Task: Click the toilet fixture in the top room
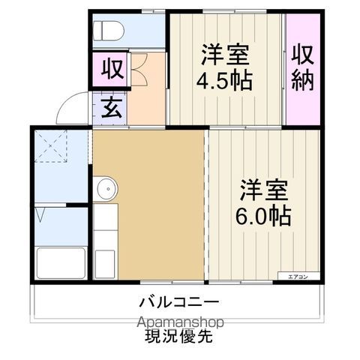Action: pos(108,30)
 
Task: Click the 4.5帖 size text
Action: pos(224,79)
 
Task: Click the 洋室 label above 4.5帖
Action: pos(224,55)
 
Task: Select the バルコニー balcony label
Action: pos(178,304)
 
